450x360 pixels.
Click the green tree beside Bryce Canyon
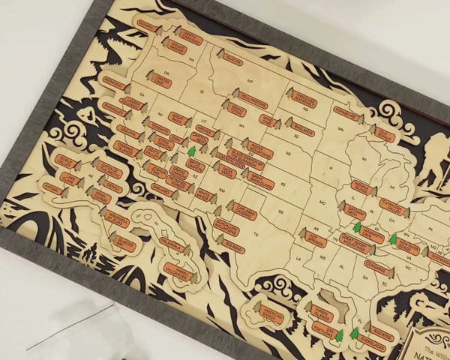[x=191, y=151]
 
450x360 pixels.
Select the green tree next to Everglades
[x=354, y=332]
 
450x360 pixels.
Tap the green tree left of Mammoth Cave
[x=357, y=226]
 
